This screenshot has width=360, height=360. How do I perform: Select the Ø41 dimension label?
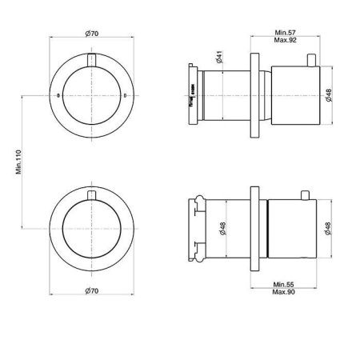click(218, 58)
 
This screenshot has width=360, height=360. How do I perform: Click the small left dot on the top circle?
click(58, 96)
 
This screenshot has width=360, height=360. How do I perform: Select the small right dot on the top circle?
click(126, 96)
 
